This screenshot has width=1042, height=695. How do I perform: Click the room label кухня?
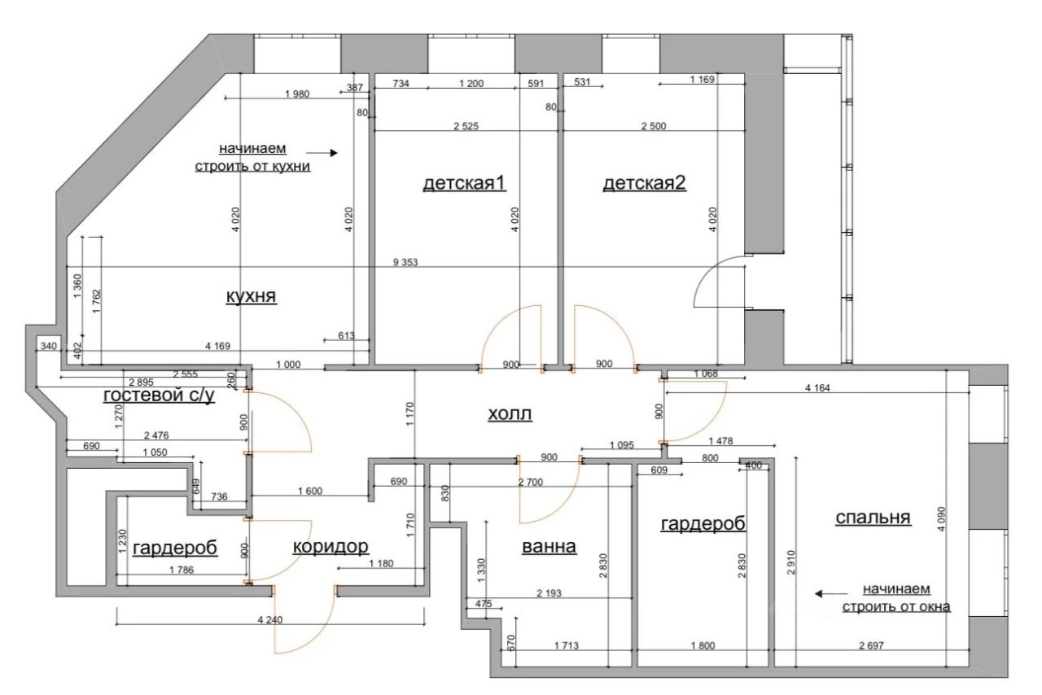(x=252, y=296)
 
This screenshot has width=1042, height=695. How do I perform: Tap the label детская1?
(x=464, y=183)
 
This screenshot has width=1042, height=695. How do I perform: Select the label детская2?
(x=644, y=183)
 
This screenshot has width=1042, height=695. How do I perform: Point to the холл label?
(x=510, y=413)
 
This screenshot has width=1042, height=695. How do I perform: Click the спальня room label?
(x=873, y=518)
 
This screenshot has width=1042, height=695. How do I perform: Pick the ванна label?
(x=549, y=546)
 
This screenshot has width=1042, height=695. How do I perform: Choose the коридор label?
(x=331, y=547)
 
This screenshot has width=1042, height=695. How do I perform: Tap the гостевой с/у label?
(x=159, y=396)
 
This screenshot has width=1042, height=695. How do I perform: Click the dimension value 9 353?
(x=405, y=262)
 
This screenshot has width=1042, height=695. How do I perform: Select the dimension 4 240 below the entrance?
(x=269, y=619)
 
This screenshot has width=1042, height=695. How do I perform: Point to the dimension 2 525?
(x=466, y=126)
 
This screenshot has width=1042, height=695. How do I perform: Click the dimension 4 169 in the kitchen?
(x=217, y=346)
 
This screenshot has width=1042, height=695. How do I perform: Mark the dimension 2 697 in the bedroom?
(x=871, y=645)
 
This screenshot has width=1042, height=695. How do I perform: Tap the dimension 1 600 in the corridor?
(x=310, y=491)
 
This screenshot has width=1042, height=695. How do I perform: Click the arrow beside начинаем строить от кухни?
(x=322, y=152)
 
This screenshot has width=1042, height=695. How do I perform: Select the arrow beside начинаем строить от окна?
(x=831, y=593)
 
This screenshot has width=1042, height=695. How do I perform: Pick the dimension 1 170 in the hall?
(x=409, y=414)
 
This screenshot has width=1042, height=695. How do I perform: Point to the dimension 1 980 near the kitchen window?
(x=297, y=94)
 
